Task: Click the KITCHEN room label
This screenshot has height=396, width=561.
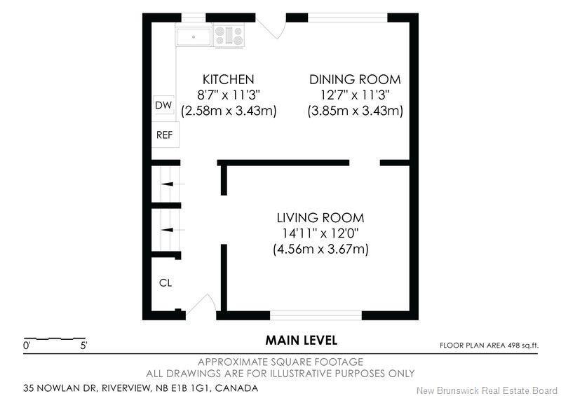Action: tap(228, 79)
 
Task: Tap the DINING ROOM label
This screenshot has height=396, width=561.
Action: tap(356, 79)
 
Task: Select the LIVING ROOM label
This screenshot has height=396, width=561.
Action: tap(320, 217)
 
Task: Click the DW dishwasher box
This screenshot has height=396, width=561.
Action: tap(163, 105)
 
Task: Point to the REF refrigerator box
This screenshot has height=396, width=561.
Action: tap(165, 134)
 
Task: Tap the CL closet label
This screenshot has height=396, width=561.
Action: tap(165, 283)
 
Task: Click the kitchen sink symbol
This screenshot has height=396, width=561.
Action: tap(194, 36)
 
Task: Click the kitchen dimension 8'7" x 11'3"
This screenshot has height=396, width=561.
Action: tap(228, 95)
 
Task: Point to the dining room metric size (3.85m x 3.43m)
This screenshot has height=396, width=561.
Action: tap(356, 111)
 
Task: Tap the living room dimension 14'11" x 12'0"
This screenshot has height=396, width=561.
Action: tap(320, 233)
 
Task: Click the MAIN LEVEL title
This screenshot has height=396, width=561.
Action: tap(301, 341)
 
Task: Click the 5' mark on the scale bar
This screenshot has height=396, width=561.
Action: tap(83, 346)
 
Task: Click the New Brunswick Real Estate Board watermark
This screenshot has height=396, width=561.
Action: tap(486, 390)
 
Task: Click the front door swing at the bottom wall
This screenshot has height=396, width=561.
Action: tap(201, 306)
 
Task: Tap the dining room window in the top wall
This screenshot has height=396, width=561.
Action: tap(348, 18)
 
